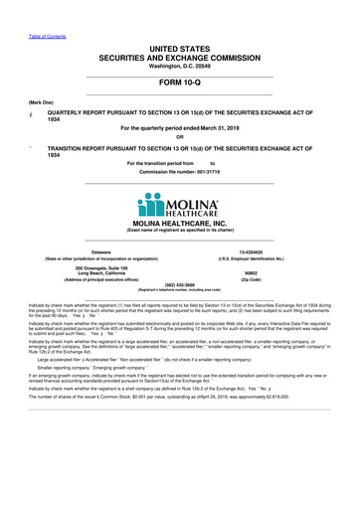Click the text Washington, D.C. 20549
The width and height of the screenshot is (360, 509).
[180, 37]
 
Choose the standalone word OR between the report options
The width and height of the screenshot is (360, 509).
[180, 137]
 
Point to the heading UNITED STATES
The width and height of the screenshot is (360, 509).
[180, 21]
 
